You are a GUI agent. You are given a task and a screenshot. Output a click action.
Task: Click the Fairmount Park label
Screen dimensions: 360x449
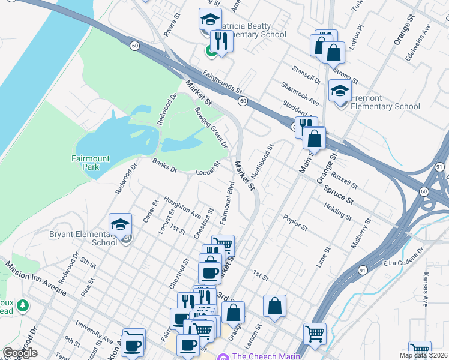[91, 163]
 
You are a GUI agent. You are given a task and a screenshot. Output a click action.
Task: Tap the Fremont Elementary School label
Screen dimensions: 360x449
[385, 102]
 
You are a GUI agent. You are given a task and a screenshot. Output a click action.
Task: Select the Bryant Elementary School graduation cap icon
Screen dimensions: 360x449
[120, 225]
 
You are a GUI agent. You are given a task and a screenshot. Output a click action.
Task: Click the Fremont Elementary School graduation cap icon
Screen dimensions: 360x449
[340, 92]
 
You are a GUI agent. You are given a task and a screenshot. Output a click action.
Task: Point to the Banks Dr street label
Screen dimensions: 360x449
[164, 166]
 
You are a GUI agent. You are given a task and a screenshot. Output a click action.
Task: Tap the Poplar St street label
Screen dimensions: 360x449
[295, 223]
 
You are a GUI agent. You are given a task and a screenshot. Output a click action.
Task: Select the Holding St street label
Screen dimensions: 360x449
[337, 211]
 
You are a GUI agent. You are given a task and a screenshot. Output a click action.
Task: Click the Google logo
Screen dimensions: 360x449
[20, 353]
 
